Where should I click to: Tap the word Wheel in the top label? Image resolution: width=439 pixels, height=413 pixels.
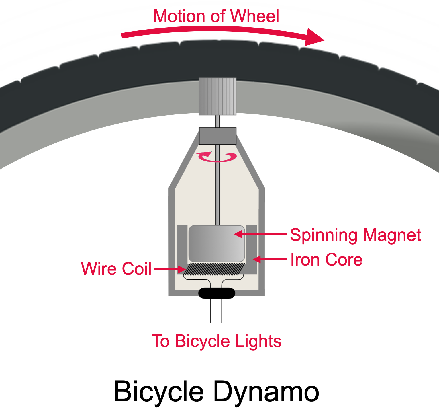point(255,16)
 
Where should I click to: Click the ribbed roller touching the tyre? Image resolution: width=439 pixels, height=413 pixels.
point(217,96)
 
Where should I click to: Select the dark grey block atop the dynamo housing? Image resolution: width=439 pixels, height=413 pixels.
point(217,136)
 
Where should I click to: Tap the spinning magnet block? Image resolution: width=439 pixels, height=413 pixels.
point(217,244)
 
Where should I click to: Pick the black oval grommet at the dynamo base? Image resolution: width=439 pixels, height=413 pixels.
point(217,293)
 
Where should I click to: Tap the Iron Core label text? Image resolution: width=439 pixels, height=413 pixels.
point(326,260)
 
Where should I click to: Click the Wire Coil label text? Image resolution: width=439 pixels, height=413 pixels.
point(116,269)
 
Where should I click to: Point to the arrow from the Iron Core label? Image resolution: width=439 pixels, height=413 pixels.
point(270,259)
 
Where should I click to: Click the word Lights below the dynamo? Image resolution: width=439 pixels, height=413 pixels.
point(258,341)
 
